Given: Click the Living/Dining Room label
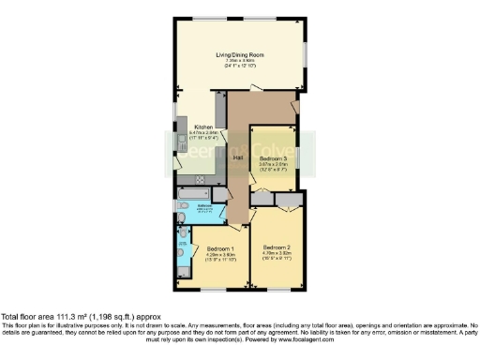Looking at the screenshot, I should pyautogui.click(x=238, y=54).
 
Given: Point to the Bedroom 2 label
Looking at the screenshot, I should pyautogui.click(x=277, y=247).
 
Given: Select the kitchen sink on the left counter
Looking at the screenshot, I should pyautogui.click(x=180, y=141).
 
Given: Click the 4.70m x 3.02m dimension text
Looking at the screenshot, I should pyautogui.click(x=277, y=252).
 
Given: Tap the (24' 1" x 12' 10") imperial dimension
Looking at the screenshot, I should pyautogui.click(x=238, y=67).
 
